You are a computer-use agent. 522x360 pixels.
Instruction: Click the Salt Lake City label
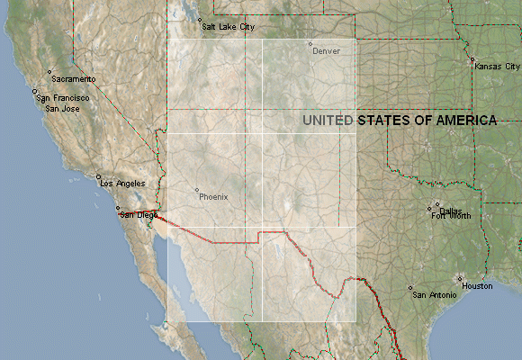coord(228,27)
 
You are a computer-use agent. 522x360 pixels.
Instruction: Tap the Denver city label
coord(326,51)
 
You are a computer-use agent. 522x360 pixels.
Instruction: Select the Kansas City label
coord(499,67)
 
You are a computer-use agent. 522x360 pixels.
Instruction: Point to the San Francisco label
coord(64,97)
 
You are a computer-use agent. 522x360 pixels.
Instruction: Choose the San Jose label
coord(61,108)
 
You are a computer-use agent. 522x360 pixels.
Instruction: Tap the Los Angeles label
coord(123,183)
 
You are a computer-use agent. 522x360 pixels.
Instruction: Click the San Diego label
coord(139,215)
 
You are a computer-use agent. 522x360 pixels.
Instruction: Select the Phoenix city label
coord(214,196)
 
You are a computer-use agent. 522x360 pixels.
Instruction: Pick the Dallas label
coord(450,210)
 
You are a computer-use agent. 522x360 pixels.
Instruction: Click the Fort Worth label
coord(451,216)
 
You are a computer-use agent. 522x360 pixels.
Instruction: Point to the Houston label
coord(478,285)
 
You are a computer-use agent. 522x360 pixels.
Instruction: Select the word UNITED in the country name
coord(328,120)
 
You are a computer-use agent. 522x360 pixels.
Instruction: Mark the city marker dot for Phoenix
coord(196,190)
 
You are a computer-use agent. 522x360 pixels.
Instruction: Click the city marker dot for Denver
coord(310,44)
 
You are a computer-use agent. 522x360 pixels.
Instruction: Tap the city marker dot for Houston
coord(460,278)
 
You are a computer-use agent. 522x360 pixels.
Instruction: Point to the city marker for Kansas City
coord(472,60)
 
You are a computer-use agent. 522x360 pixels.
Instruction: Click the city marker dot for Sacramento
coord(49,72)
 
